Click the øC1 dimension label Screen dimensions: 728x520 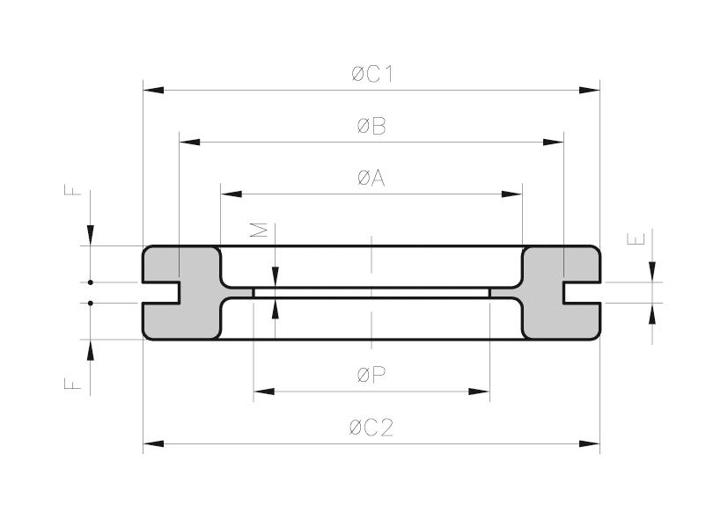371,74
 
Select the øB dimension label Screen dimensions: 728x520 371,126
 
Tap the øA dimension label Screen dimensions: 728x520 371,178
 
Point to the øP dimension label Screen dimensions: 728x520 371,375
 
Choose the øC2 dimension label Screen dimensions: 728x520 371,428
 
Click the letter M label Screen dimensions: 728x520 259,230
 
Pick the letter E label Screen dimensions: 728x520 636,239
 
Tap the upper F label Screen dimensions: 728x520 73,190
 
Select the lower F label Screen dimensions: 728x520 73,384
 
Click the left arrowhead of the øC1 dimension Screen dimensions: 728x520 153,90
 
